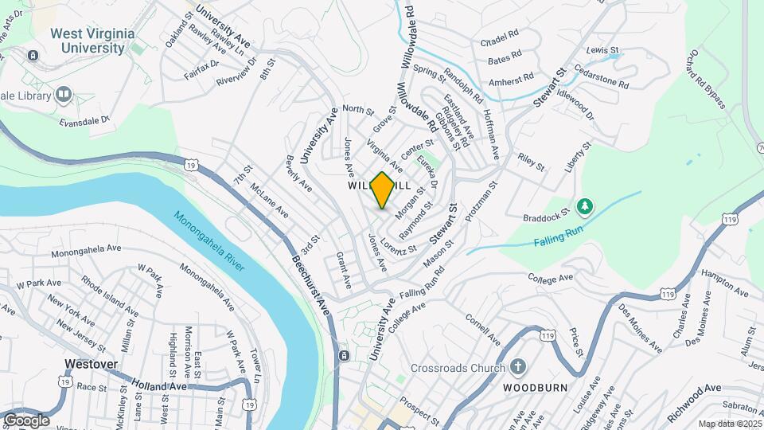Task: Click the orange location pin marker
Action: click(x=382, y=190)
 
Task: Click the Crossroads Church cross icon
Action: click(x=517, y=367)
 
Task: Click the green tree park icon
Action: click(x=585, y=206)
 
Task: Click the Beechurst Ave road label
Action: click(x=310, y=283)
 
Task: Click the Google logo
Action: click(x=26, y=420)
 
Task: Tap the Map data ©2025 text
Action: click(x=729, y=424)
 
